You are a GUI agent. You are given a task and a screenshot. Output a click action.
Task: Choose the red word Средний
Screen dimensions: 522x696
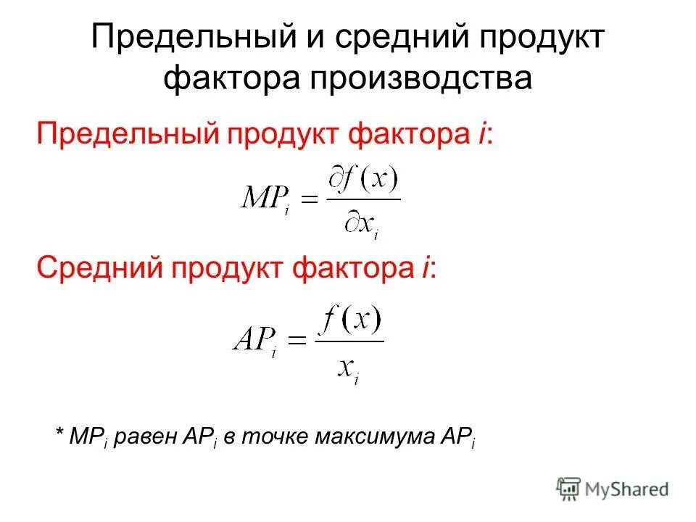tap(99, 269)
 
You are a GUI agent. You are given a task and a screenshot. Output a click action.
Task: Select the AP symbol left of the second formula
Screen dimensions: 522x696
tap(254, 337)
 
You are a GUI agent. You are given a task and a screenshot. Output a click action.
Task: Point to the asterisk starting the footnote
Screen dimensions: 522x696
tap(59, 434)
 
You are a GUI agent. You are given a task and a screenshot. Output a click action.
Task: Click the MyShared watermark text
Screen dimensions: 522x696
tap(629, 489)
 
